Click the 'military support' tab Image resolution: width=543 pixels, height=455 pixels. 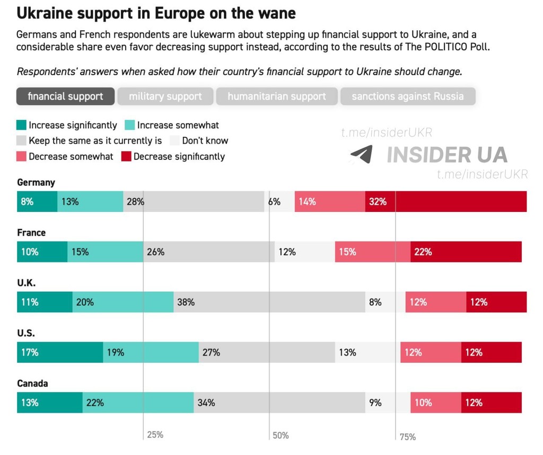pyautogui.click(x=165, y=96)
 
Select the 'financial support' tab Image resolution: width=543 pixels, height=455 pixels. pyautogui.click(x=65, y=96)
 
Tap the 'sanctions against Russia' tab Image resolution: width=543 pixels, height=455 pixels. pyautogui.click(x=407, y=96)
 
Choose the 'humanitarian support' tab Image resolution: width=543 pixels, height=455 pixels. pyautogui.click(x=276, y=96)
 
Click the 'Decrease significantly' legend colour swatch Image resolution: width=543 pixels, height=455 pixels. pyautogui.click(x=126, y=156)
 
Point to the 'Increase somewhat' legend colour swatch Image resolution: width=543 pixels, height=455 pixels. pyautogui.click(x=130, y=126)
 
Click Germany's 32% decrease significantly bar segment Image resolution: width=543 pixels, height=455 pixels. pyautogui.click(x=445, y=201)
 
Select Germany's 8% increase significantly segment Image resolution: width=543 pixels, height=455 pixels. pyautogui.click(x=37, y=201)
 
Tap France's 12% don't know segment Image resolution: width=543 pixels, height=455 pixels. pyautogui.click(x=304, y=252)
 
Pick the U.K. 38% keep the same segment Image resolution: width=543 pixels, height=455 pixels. pyautogui.click(x=269, y=302)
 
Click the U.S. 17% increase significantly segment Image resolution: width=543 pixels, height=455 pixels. pyautogui.click(x=60, y=352)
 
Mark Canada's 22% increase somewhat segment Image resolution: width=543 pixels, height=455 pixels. pyautogui.click(x=138, y=403)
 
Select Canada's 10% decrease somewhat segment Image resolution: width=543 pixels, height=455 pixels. pyautogui.click(x=435, y=403)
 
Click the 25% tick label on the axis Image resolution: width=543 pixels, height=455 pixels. pyautogui.click(x=155, y=435)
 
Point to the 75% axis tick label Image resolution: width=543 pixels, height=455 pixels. pyautogui.click(x=407, y=437)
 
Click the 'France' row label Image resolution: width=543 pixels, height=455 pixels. pyautogui.click(x=31, y=233)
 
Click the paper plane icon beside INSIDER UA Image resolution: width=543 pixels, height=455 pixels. pyautogui.click(x=361, y=154)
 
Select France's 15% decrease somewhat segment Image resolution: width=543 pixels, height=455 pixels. pyautogui.click(x=372, y=252)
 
